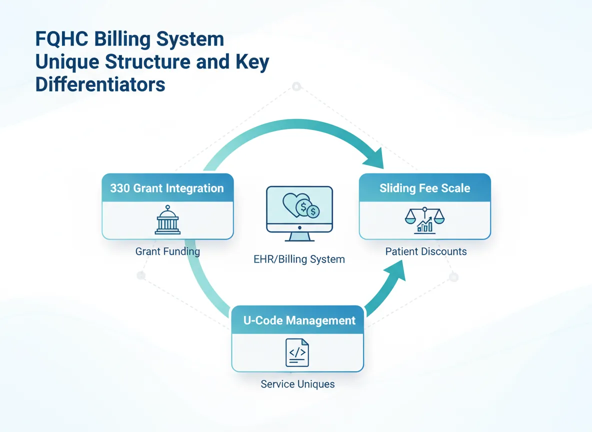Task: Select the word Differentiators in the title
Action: [100, 84]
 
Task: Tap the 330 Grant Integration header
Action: [167, 188]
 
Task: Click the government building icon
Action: [167, 220]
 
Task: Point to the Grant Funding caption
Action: [167, 251]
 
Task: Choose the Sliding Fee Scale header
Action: [424, 188]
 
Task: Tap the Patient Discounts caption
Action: [426, 251]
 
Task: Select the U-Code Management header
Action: [299, 320]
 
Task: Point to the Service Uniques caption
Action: [297, 384]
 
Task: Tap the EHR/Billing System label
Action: [299, 259]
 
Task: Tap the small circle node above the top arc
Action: [296, 86]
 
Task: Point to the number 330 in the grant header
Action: [120, 188]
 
